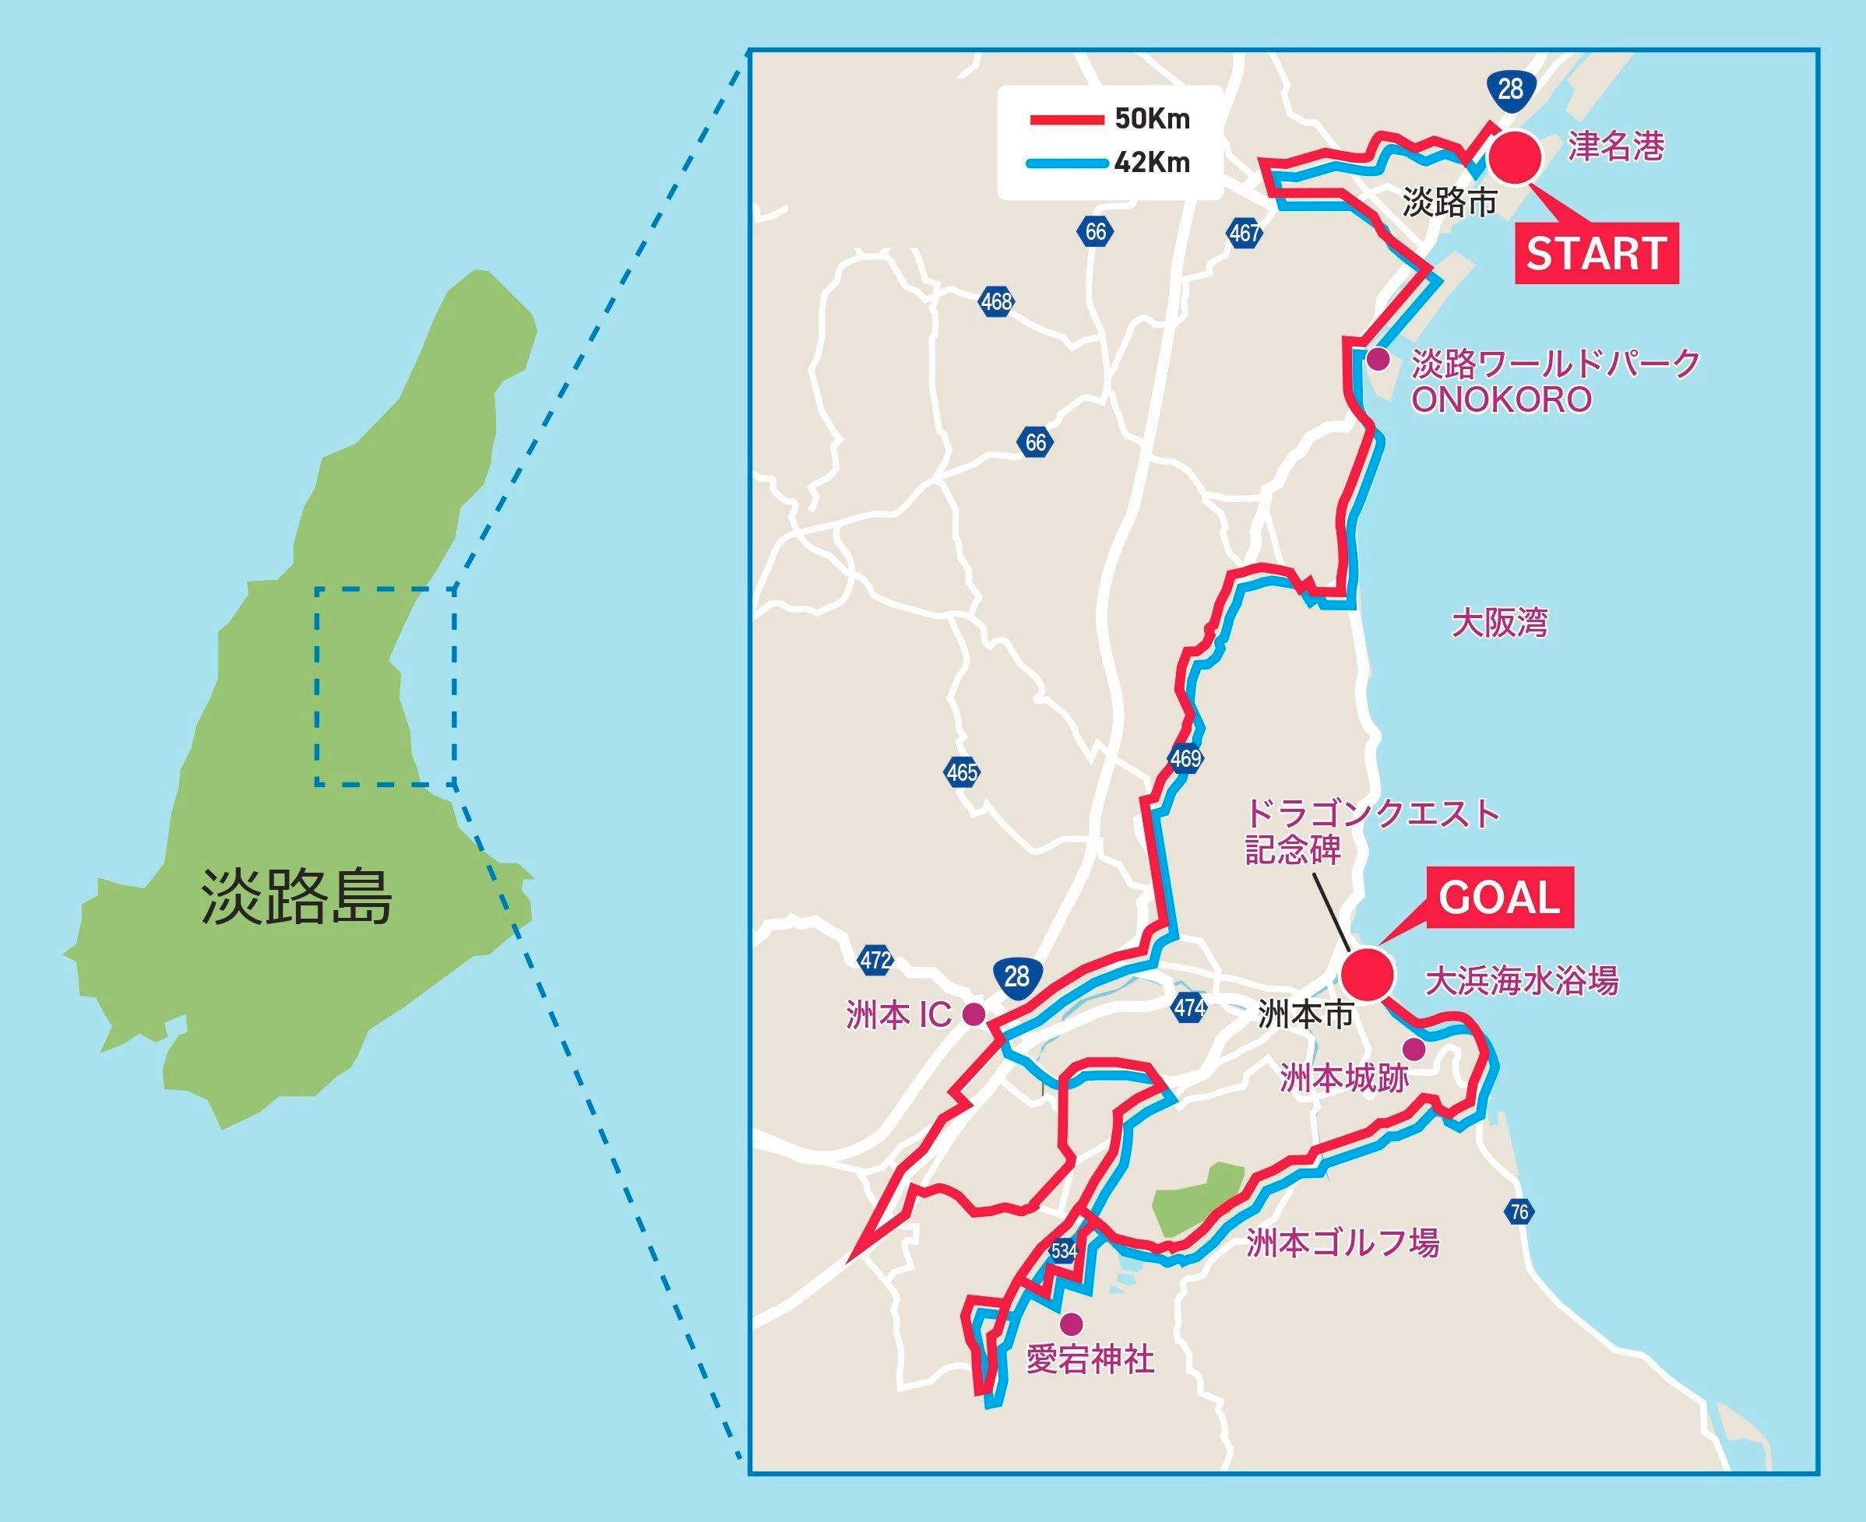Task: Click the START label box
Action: click(x=1596, y=253)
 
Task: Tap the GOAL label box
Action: click(x=1498, y=898)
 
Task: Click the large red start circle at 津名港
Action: click(x=1516, y=155)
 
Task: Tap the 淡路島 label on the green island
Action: click(x=297, y=897)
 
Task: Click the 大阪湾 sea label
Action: click(x=1499, y=624)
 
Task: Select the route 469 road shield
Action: click(x=1185, y=757)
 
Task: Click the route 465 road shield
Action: click(x=962, y=772)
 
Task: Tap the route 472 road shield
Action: click(x=875, y=960)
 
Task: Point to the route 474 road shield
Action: click(x=1189, y=1007)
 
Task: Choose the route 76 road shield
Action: click(x=1519, y=1212)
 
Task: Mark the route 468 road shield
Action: click(x=996, y=301)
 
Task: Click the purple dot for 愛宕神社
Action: click(x=1070, y=1323)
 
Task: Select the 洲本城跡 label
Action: click(x=1344, y=1078)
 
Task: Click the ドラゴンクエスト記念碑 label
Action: click(x=1372, y=831)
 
